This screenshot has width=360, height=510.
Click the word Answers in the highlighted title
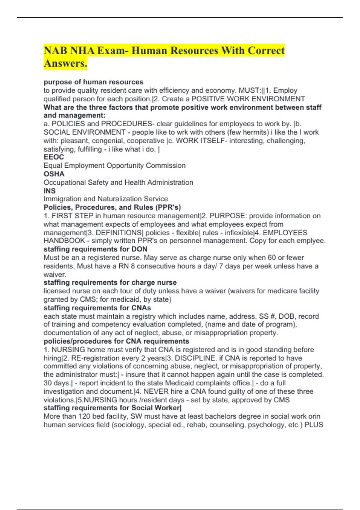point(65,63)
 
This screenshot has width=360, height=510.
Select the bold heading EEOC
point(54,157)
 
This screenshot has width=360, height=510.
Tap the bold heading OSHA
point(54,174)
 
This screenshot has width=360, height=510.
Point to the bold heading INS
point(49,191)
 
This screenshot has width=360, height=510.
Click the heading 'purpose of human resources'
point(93,82)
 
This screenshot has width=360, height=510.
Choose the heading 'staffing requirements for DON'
point(95,249)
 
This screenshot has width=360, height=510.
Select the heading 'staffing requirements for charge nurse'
point(110,283)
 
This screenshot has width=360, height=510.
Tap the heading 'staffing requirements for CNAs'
point(97,308)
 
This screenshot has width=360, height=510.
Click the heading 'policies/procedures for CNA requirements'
point(116,341)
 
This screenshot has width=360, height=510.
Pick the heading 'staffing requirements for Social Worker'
point(112,408)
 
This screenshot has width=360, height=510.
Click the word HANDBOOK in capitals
point(64,241)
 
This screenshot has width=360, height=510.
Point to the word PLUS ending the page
point(314,425)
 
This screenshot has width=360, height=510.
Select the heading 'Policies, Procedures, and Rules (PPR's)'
point(112,207)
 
